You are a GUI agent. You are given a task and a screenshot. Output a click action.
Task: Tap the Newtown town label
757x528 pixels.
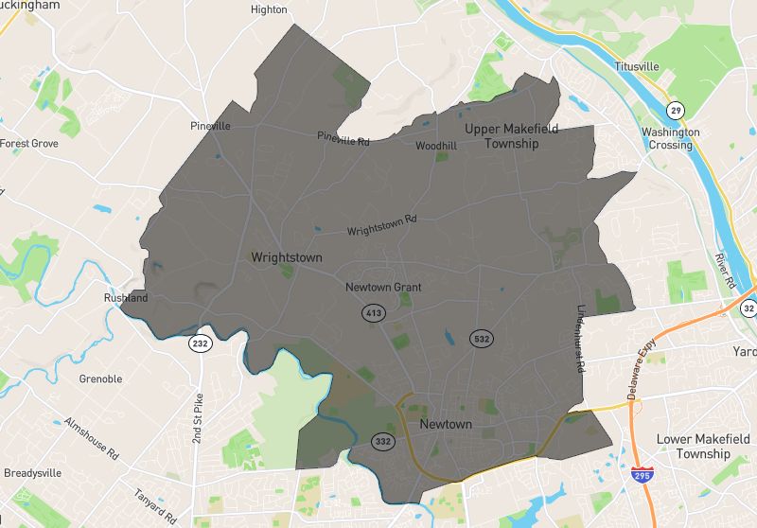click(445, 424)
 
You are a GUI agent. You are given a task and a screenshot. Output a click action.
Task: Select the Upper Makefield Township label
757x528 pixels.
click(511, 136)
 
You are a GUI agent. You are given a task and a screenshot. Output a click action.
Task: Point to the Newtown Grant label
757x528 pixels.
click(383, 287)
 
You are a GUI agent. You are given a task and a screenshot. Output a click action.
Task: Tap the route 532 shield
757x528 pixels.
click(482, 338)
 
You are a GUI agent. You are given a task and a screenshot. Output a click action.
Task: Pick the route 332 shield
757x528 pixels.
click(382, 441)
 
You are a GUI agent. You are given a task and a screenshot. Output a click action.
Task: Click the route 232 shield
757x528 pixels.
click(199, 343)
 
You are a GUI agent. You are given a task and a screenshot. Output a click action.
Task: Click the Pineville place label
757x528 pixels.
click(210, 126)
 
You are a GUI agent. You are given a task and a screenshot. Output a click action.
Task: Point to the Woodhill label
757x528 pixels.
click(436, 146)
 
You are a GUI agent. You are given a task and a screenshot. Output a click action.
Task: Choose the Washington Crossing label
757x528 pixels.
click(670, 139)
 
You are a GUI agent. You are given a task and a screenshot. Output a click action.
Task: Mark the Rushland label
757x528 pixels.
click(126, 298)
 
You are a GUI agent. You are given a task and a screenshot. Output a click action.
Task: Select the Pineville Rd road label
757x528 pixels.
click(343, 138)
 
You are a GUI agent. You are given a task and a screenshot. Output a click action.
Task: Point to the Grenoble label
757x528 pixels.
click(101, 379)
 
